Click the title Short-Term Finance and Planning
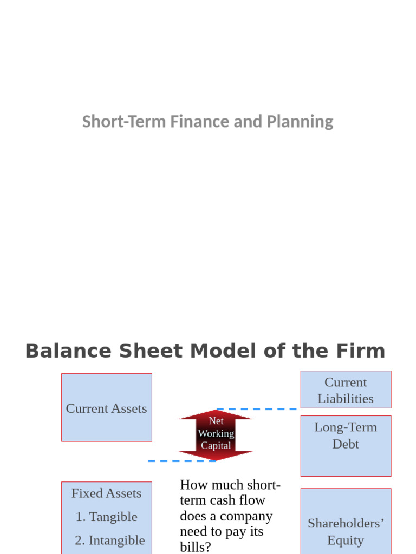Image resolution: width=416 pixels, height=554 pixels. pos(207,122)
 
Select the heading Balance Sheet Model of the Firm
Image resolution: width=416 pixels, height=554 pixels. pos(205,351)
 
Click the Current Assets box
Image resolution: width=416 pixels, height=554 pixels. pos(107,408)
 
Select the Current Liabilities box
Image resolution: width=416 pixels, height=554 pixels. pos(346,390)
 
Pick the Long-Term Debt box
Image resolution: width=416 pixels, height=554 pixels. pos(346,445)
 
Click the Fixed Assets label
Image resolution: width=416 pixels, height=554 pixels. pos(107,493)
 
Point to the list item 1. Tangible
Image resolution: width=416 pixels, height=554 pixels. pos(107,517)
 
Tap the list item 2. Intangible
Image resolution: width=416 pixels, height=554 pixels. pos(110,540)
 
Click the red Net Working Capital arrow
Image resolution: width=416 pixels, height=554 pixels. pos(216,434)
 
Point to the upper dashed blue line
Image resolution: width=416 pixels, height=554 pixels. pos(257,410)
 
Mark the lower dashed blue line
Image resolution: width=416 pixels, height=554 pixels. pos(181,461)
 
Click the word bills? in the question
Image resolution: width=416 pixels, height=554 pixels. pos(196,547)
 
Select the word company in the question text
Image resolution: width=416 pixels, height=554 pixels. pos(251,516)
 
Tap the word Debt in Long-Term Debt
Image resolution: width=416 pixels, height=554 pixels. pos(346,444)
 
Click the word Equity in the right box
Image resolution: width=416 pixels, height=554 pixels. pos(346,540)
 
